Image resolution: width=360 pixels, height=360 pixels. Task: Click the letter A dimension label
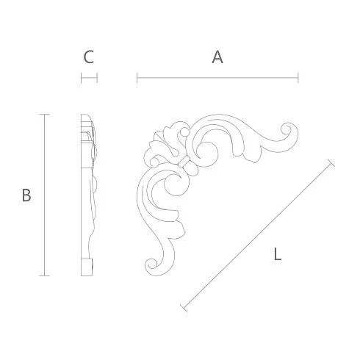(x=217, y=57)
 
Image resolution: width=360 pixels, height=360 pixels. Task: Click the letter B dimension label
(x=26, y=195)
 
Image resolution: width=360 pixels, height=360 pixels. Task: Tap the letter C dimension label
(x=89, y=57)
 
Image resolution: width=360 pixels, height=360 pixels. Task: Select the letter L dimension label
(x=278, y=254)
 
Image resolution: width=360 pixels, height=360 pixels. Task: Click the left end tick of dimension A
(x=137, y=78)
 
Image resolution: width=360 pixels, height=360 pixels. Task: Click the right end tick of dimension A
(x=298, y=78)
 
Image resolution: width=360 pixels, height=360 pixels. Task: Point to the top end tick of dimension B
(x=44, y=114)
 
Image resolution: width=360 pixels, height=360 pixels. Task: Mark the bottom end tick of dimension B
(x=44, y=276)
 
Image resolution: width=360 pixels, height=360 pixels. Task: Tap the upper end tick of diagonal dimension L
(x=331, y=163)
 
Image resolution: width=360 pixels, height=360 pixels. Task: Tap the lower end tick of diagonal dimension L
(x=184, y=309)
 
